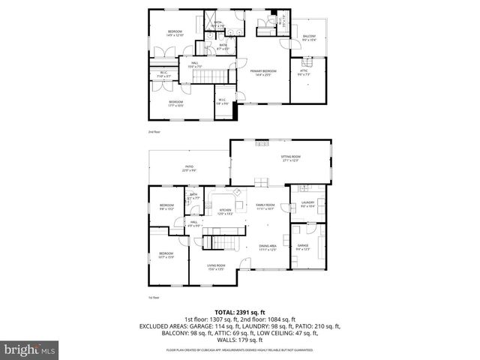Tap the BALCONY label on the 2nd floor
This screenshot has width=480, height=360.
tap(309, 38)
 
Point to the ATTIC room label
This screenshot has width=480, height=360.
tap(304, 74)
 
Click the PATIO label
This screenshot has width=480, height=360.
tap(189, 169)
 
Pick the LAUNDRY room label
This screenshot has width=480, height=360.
tap(307, 203)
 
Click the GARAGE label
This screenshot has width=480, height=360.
tap(303, 247)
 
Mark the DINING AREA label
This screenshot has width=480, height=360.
tap(268, 248)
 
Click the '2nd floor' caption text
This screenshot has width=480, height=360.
tap(154, 132)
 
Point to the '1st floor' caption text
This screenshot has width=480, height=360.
tap(154, 297)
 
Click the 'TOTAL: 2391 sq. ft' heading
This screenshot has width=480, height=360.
tap(239, 312)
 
